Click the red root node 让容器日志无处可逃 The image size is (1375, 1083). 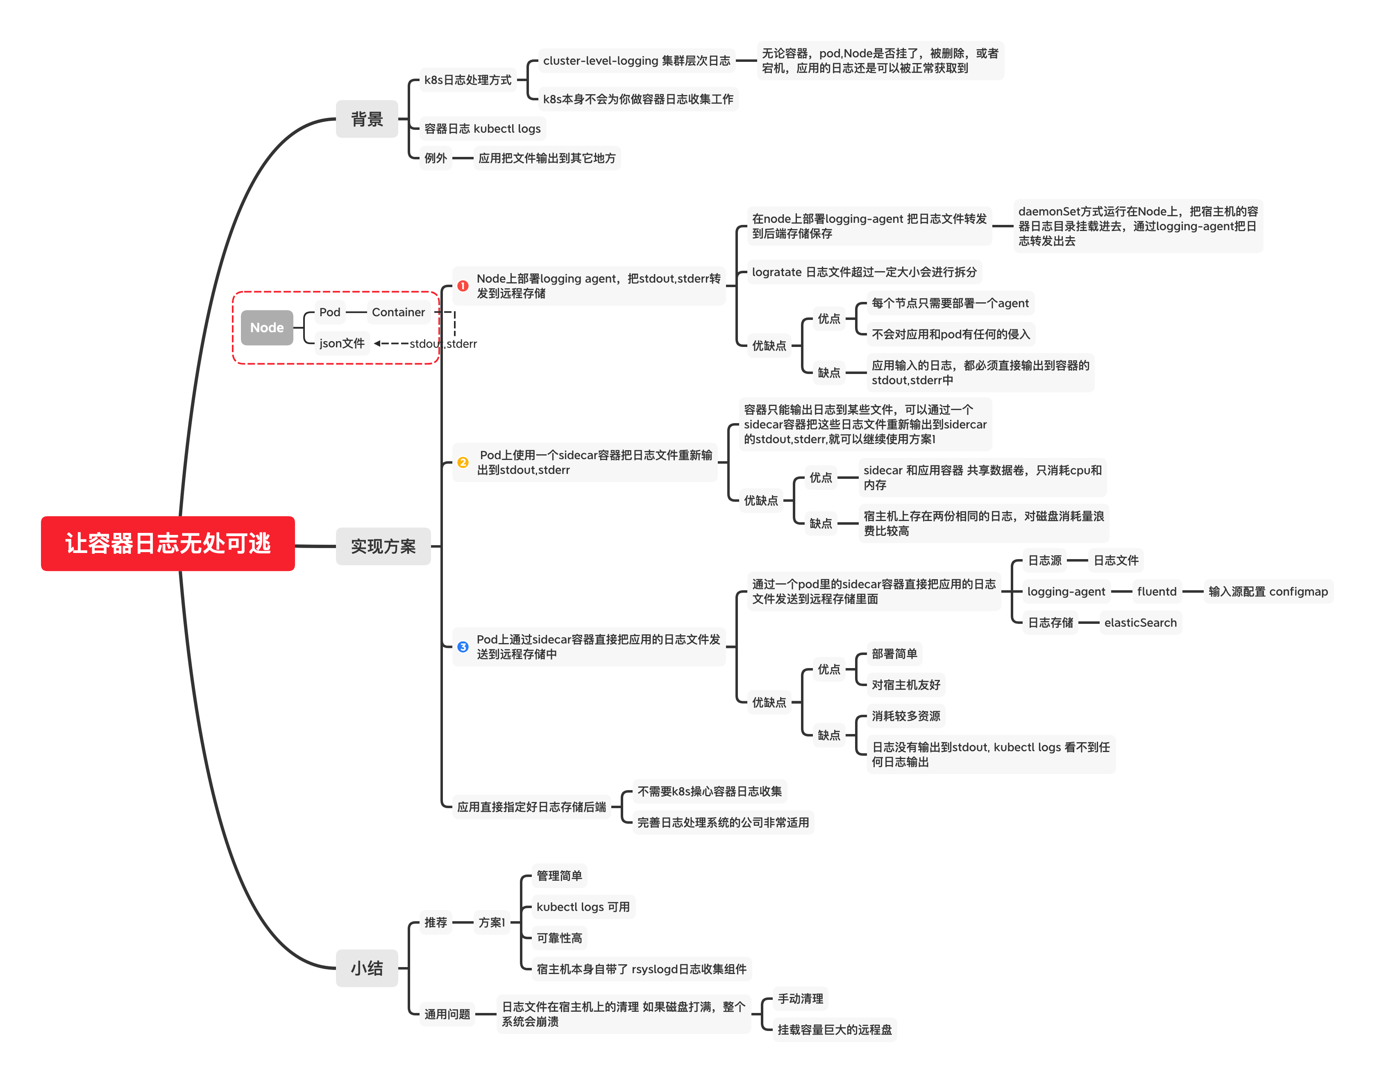click(168, 544)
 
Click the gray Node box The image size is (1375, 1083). click(267, 327)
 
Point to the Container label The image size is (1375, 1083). click(398, 312)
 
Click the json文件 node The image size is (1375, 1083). click(342, 343)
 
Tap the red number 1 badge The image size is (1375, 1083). click(463, 286)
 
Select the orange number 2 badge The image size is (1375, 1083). click(463, 462)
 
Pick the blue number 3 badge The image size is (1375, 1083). click(463, 647)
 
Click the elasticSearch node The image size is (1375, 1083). click(1140, 623)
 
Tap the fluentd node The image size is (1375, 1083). click(1157, 591)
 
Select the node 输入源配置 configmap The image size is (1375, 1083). click(1268, 591)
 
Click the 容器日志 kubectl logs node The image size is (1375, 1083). click(483, 129)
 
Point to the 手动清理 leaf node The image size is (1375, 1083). click(801, 999)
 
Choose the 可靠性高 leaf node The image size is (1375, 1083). click(559, 938)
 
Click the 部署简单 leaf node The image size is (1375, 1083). click(894, 654)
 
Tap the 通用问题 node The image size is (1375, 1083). click(447, 1014)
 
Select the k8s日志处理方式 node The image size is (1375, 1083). click(468, 80)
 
